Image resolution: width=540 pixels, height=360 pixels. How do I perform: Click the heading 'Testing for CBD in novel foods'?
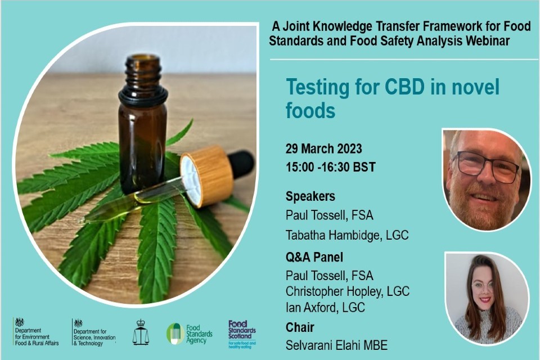pos(392,98)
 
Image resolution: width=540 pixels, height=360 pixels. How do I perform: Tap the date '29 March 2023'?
pos(323,149)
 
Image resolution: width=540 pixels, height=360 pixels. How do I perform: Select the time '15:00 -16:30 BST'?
pos(330,167)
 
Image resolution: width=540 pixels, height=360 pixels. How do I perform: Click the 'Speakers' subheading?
pos(310,196)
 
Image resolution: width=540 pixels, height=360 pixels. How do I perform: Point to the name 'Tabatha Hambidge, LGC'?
pos(346,235)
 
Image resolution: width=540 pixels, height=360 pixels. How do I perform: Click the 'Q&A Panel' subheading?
pos(314,257)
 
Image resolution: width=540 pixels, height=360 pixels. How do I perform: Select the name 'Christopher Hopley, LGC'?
pos(347,291)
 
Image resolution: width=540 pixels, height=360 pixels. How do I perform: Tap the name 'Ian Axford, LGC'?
pos(325,308)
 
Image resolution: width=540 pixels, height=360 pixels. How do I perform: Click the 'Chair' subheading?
pos(300,327)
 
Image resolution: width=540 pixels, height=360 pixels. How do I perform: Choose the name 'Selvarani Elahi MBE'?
pos(336,345)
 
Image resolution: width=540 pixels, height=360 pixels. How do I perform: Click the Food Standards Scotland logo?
pos(242,333)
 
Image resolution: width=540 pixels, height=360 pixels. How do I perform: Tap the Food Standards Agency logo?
pos(190,333)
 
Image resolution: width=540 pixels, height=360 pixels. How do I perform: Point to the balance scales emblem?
pos(141,333)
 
